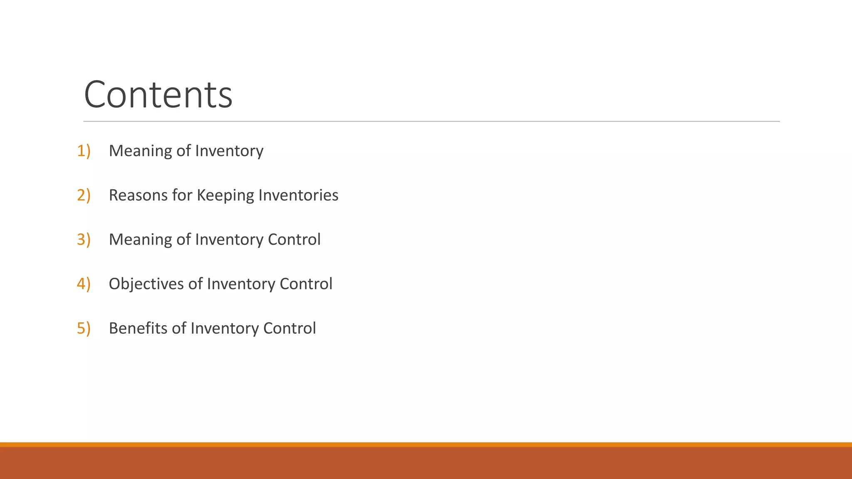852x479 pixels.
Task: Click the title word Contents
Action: (158, 95)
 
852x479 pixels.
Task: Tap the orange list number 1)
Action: (84, 151)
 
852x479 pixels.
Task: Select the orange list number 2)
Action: (84, 195)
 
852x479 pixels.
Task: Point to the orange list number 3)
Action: (84, 239)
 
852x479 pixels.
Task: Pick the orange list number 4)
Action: (84, 284)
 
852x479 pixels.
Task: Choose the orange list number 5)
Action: (84, 328)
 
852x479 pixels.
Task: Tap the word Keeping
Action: (225, 195)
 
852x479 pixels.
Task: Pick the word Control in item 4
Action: (306, 284)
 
